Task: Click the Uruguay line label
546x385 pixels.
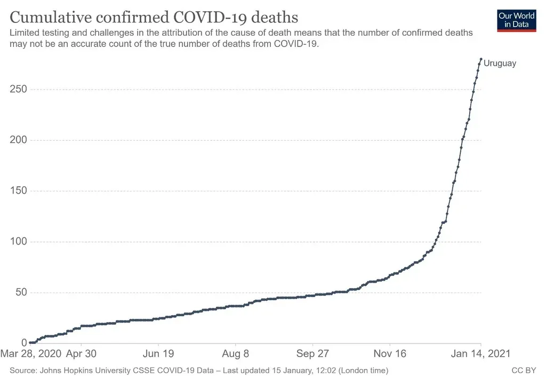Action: [500, 63]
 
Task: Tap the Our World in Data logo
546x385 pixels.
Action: [516, 20]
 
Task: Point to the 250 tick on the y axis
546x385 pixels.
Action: [19, 90]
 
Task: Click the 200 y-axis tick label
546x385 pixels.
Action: [19, 140]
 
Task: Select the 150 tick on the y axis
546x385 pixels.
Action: [19, 191]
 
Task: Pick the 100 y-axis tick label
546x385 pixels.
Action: [19, 242]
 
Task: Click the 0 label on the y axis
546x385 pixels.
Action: [24, 343]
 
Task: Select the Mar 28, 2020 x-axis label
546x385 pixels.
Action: [30, 354]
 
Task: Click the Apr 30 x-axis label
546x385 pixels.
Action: [81, 354]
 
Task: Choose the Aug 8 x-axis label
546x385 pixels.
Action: [236, 354]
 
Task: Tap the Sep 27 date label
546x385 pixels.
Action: [313, 354]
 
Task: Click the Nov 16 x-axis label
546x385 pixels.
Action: [390, 354]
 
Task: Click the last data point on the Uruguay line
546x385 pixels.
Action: [481, 59]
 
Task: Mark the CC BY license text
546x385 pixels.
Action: [524, 370]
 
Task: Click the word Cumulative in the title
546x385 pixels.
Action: [47, 17]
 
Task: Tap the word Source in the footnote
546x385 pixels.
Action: [22, 370]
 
